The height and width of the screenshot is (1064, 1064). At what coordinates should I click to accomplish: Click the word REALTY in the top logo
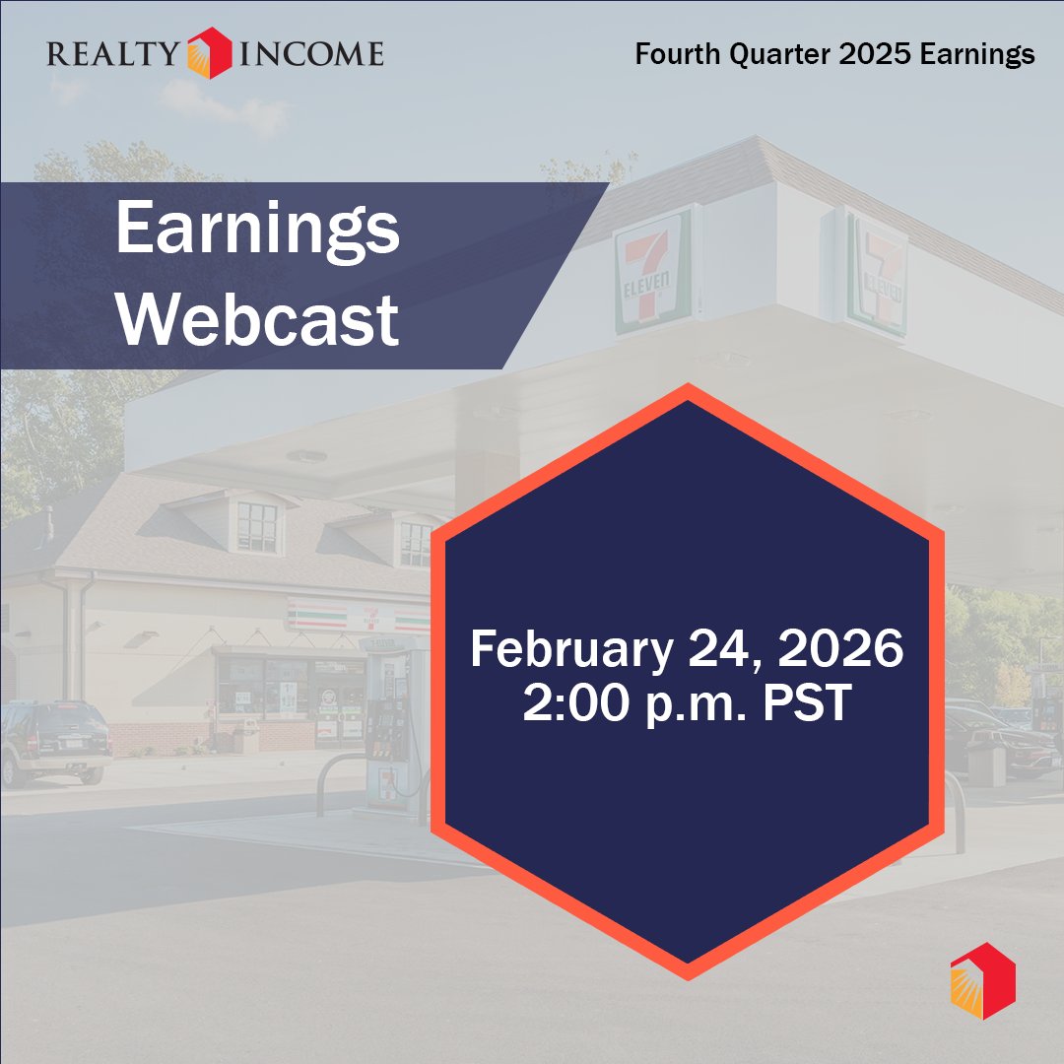tap(113, 53)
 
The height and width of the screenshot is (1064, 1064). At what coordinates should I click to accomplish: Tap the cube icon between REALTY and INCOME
tap(211, 51)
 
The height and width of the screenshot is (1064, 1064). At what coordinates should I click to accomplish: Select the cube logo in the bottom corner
tap(982, 980)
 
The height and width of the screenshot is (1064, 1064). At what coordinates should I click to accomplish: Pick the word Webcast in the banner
tap(257, 318)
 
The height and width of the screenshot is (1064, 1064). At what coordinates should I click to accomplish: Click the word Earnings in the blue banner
tap(257, 230)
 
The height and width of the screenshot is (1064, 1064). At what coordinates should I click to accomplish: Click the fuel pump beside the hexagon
tap(390, 729)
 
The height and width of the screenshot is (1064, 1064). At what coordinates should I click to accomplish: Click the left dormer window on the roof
tap(257, 526)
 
